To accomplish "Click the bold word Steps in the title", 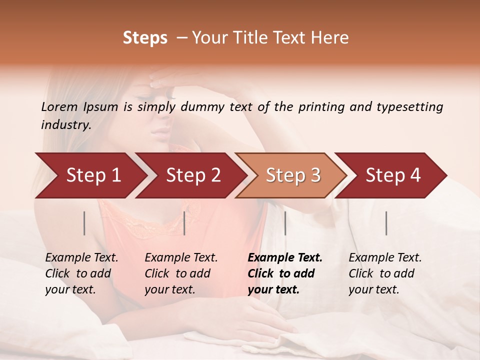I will (x=145, y=38).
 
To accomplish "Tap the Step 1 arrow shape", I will (x=90, y=175).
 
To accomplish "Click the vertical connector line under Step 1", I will (x=84, y=223).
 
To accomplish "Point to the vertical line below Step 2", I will (x=184, y=223).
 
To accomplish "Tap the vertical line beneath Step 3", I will (x=285, y=223).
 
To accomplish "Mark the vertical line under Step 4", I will (x=386, y=223).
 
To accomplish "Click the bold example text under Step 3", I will (x=284, y=273).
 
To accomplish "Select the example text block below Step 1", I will (x=81, y=273).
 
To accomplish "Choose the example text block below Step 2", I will (x=180, y=273).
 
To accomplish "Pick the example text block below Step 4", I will (x=384, y=273).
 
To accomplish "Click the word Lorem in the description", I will (x=59, y=107).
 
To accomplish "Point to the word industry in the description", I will (x=65, y=124).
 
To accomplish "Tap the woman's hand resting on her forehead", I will (x=175, y=77).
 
